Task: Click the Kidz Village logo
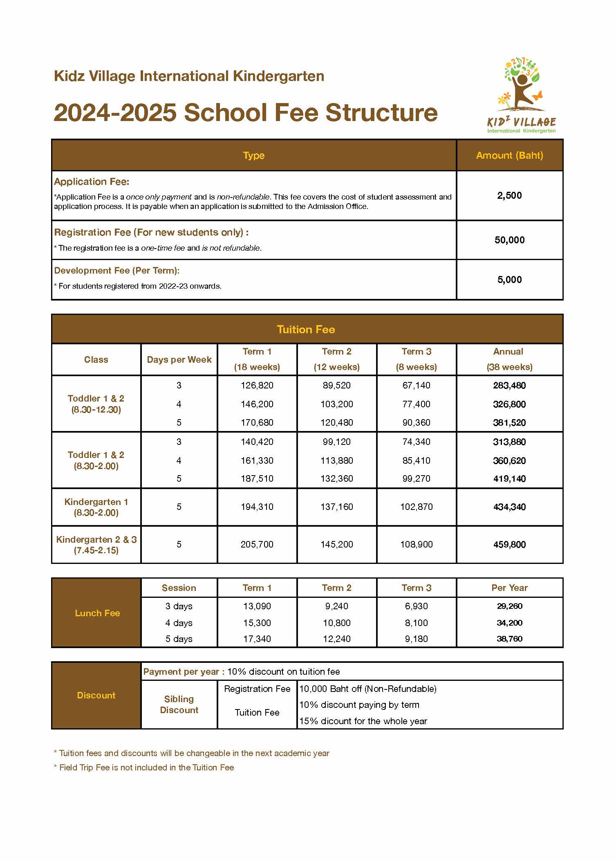point(522,97)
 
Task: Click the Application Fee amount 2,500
point(509,195)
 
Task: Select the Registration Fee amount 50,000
point(509,240)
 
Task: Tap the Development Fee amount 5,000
point(509,280)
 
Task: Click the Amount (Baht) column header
point(509,155)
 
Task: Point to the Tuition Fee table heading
point(306,330)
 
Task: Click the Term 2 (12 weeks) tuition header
point(336,359)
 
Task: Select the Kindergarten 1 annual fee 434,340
point(509,507)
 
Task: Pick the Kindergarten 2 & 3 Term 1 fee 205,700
point(257,544)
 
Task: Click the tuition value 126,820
point(257,385)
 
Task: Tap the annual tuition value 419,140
point(509,478)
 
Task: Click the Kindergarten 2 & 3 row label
point(96,544)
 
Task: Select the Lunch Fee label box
point(97,613)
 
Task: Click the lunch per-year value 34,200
point(509,623)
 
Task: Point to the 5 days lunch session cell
point(179,639)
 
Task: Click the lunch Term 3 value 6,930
point(416,606)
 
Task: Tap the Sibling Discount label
point(179,704)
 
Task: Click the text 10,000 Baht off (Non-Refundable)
point(368,689)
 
